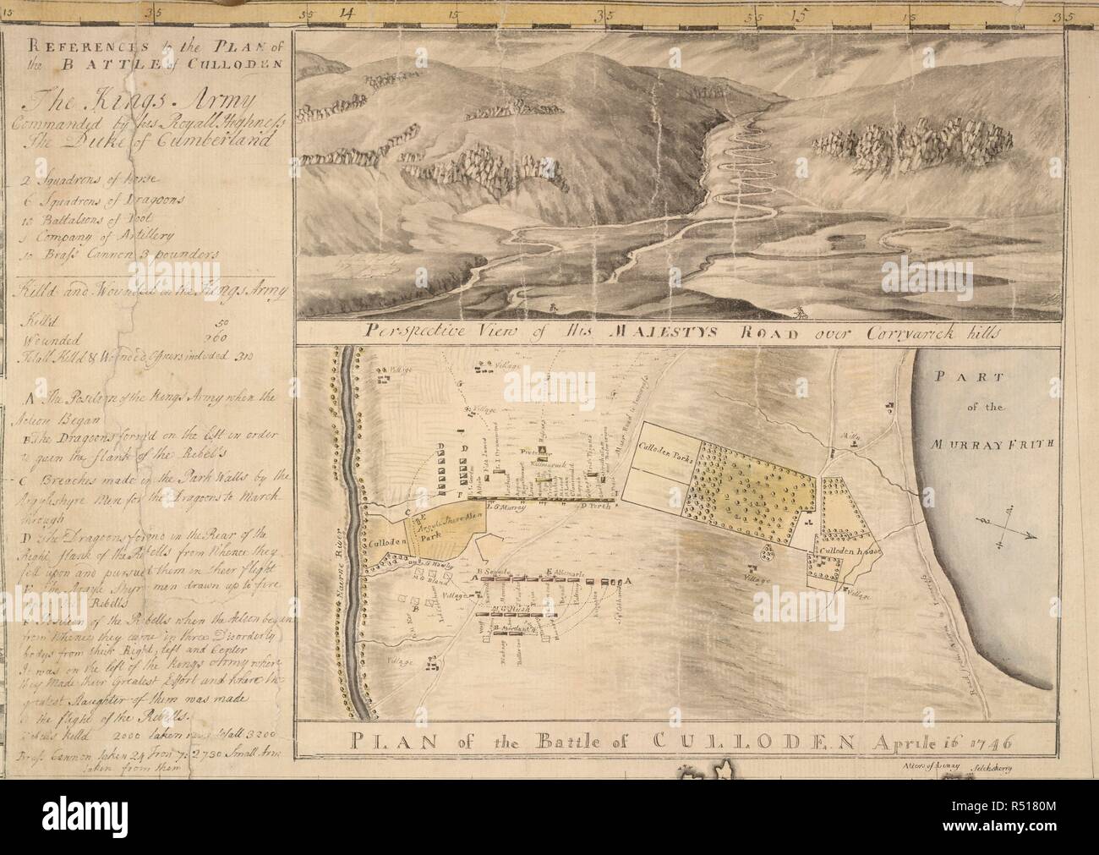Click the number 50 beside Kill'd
[x=222, y=322]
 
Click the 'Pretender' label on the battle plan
[x=537, y=450]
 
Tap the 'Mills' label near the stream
[x=850, y=436]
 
